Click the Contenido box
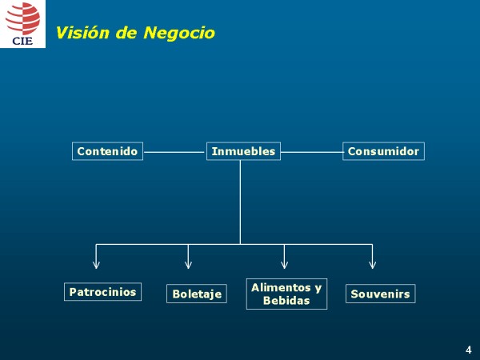[107, 151]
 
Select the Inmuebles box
[243, 151]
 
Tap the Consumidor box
[383, 151]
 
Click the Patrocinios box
[102, 292]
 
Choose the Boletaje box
[196, 294]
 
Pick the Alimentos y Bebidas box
[286, 294]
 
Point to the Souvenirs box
[380, 294]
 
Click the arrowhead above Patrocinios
[97, 263]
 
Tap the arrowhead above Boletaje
[188, 263]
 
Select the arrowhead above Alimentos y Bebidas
[284, 263]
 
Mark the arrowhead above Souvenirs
[372, 263]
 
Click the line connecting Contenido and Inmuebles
[174, 151]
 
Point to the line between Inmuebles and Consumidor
[312, 151]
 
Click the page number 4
[468, 350]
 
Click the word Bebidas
[286, 301]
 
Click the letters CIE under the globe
[22, 40]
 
